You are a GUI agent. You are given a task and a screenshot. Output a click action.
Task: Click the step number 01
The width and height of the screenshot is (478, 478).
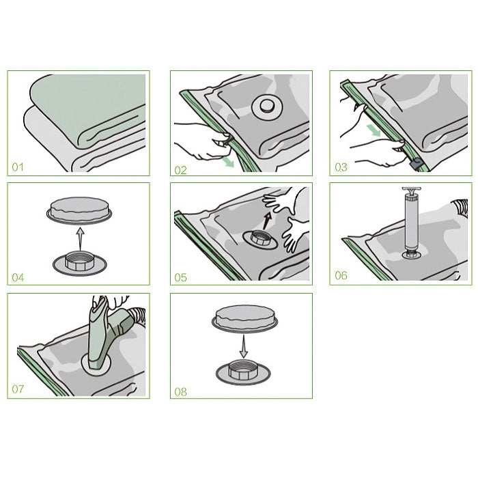click(x=18, y=167)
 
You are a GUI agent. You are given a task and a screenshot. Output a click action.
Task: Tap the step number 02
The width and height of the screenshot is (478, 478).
click(x=180, y=170)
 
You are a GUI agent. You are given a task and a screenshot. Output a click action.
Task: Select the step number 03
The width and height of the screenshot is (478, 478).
click(x=341, y=167)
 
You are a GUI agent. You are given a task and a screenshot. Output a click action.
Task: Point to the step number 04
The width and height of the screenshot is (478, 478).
click(x=18, y=277)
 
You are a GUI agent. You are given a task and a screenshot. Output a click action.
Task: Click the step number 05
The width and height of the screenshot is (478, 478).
click(x=180, y=277)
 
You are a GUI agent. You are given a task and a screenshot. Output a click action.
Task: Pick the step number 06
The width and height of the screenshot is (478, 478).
click(x=341, y=275)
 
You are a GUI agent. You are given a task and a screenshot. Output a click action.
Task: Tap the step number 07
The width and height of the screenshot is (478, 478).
click(x=18, y=389)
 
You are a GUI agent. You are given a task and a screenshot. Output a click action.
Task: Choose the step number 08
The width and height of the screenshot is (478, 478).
click(x=180, y=392)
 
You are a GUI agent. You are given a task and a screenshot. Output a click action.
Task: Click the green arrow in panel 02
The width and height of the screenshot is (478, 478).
click(x=227, y=162)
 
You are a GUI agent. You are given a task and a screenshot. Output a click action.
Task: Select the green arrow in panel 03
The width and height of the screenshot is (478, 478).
click(x=373, y=130)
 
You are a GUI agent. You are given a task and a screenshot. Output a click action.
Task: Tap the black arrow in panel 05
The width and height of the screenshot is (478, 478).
click(x=267, y=220)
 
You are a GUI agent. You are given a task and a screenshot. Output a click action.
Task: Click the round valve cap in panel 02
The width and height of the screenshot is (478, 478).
click(x=267, y=107)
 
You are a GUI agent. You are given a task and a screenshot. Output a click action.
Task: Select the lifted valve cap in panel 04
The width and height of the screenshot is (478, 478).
click(x=79, y=210)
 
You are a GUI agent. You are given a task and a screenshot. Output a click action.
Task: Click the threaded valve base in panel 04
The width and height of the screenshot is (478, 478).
click(x=79, y=263)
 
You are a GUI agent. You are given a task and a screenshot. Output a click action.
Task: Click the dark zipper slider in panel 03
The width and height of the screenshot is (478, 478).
click(x=415, y=165)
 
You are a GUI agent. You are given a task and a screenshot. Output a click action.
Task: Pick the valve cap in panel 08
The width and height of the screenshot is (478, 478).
click(x=244, y=319)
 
